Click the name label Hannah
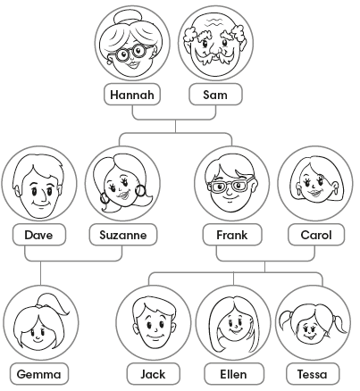(x=132, y=95)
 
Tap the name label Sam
(x=215, y=95)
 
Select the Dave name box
(x=39, y=235)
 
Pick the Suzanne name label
(x=123, y=235)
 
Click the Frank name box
(x=232, y=235)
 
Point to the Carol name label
(x=316, y=235)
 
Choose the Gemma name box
(x=39, y=374)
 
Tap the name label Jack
(x=154, y=374)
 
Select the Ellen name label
(x=234, y=374)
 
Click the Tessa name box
(x=313, y=374)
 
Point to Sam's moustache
(x=213, y=56)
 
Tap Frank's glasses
(x=231, y=186)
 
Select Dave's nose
(x=43, y=195)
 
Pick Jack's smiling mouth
(x=155, y=337)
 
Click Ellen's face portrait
(x=234, y=322)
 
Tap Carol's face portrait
(x=315, y=183)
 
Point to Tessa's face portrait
(x=313, y=322)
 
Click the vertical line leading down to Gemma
(x=41, y=273)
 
